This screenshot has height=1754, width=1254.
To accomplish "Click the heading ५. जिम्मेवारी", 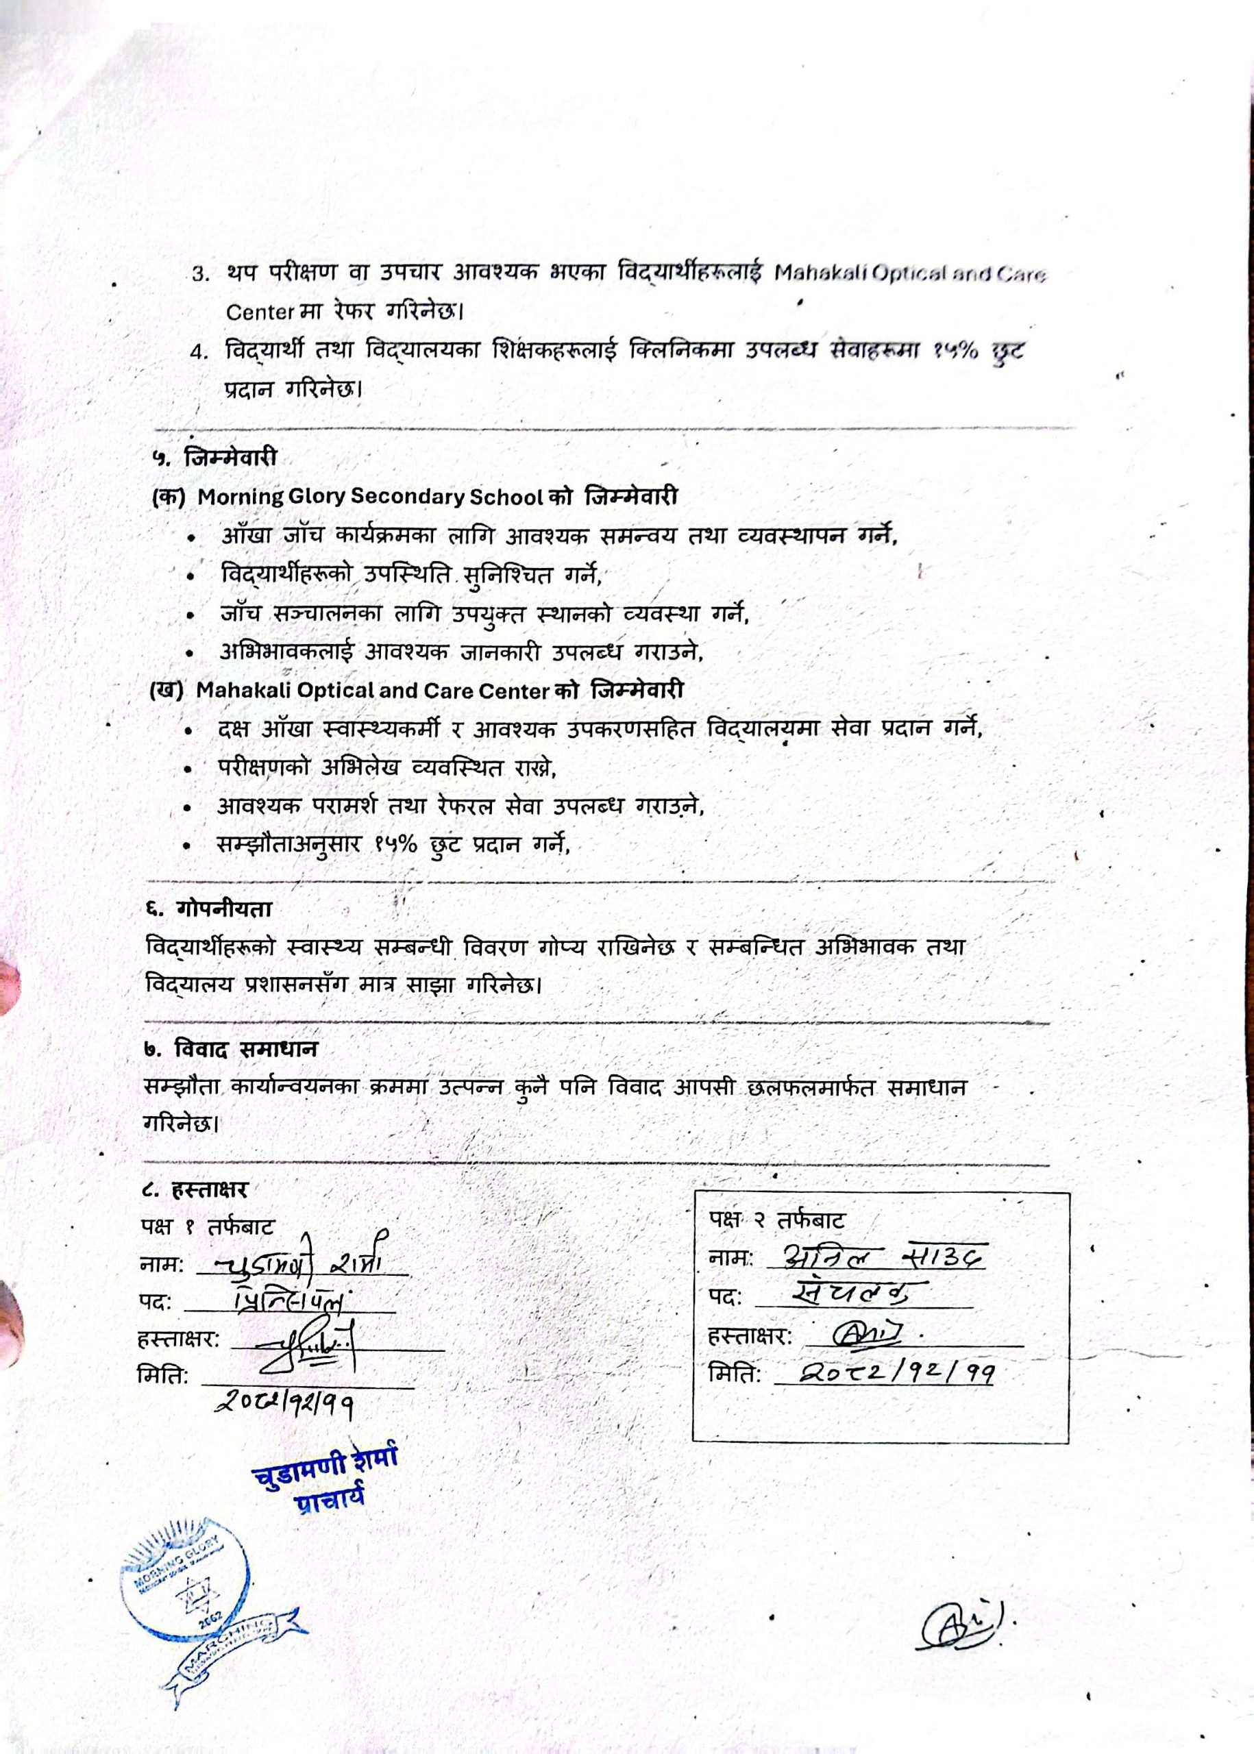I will click(x=214, y=458).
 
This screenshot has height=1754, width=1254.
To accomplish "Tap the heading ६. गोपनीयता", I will click(x=208, y=909).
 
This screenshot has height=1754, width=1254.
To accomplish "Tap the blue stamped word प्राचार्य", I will click(x=329, y=1498).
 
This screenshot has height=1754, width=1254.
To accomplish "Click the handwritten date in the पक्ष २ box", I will click(x=896, y=1372).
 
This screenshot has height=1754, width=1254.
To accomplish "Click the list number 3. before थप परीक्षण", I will click(x=201, y=275).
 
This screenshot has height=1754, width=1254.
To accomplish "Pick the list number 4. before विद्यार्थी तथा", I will click(x=201, y=353).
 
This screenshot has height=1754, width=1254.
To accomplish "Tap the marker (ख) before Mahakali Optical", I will click(x=165, y=690).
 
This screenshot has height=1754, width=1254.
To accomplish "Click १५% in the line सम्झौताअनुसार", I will click(x=397, y=845).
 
